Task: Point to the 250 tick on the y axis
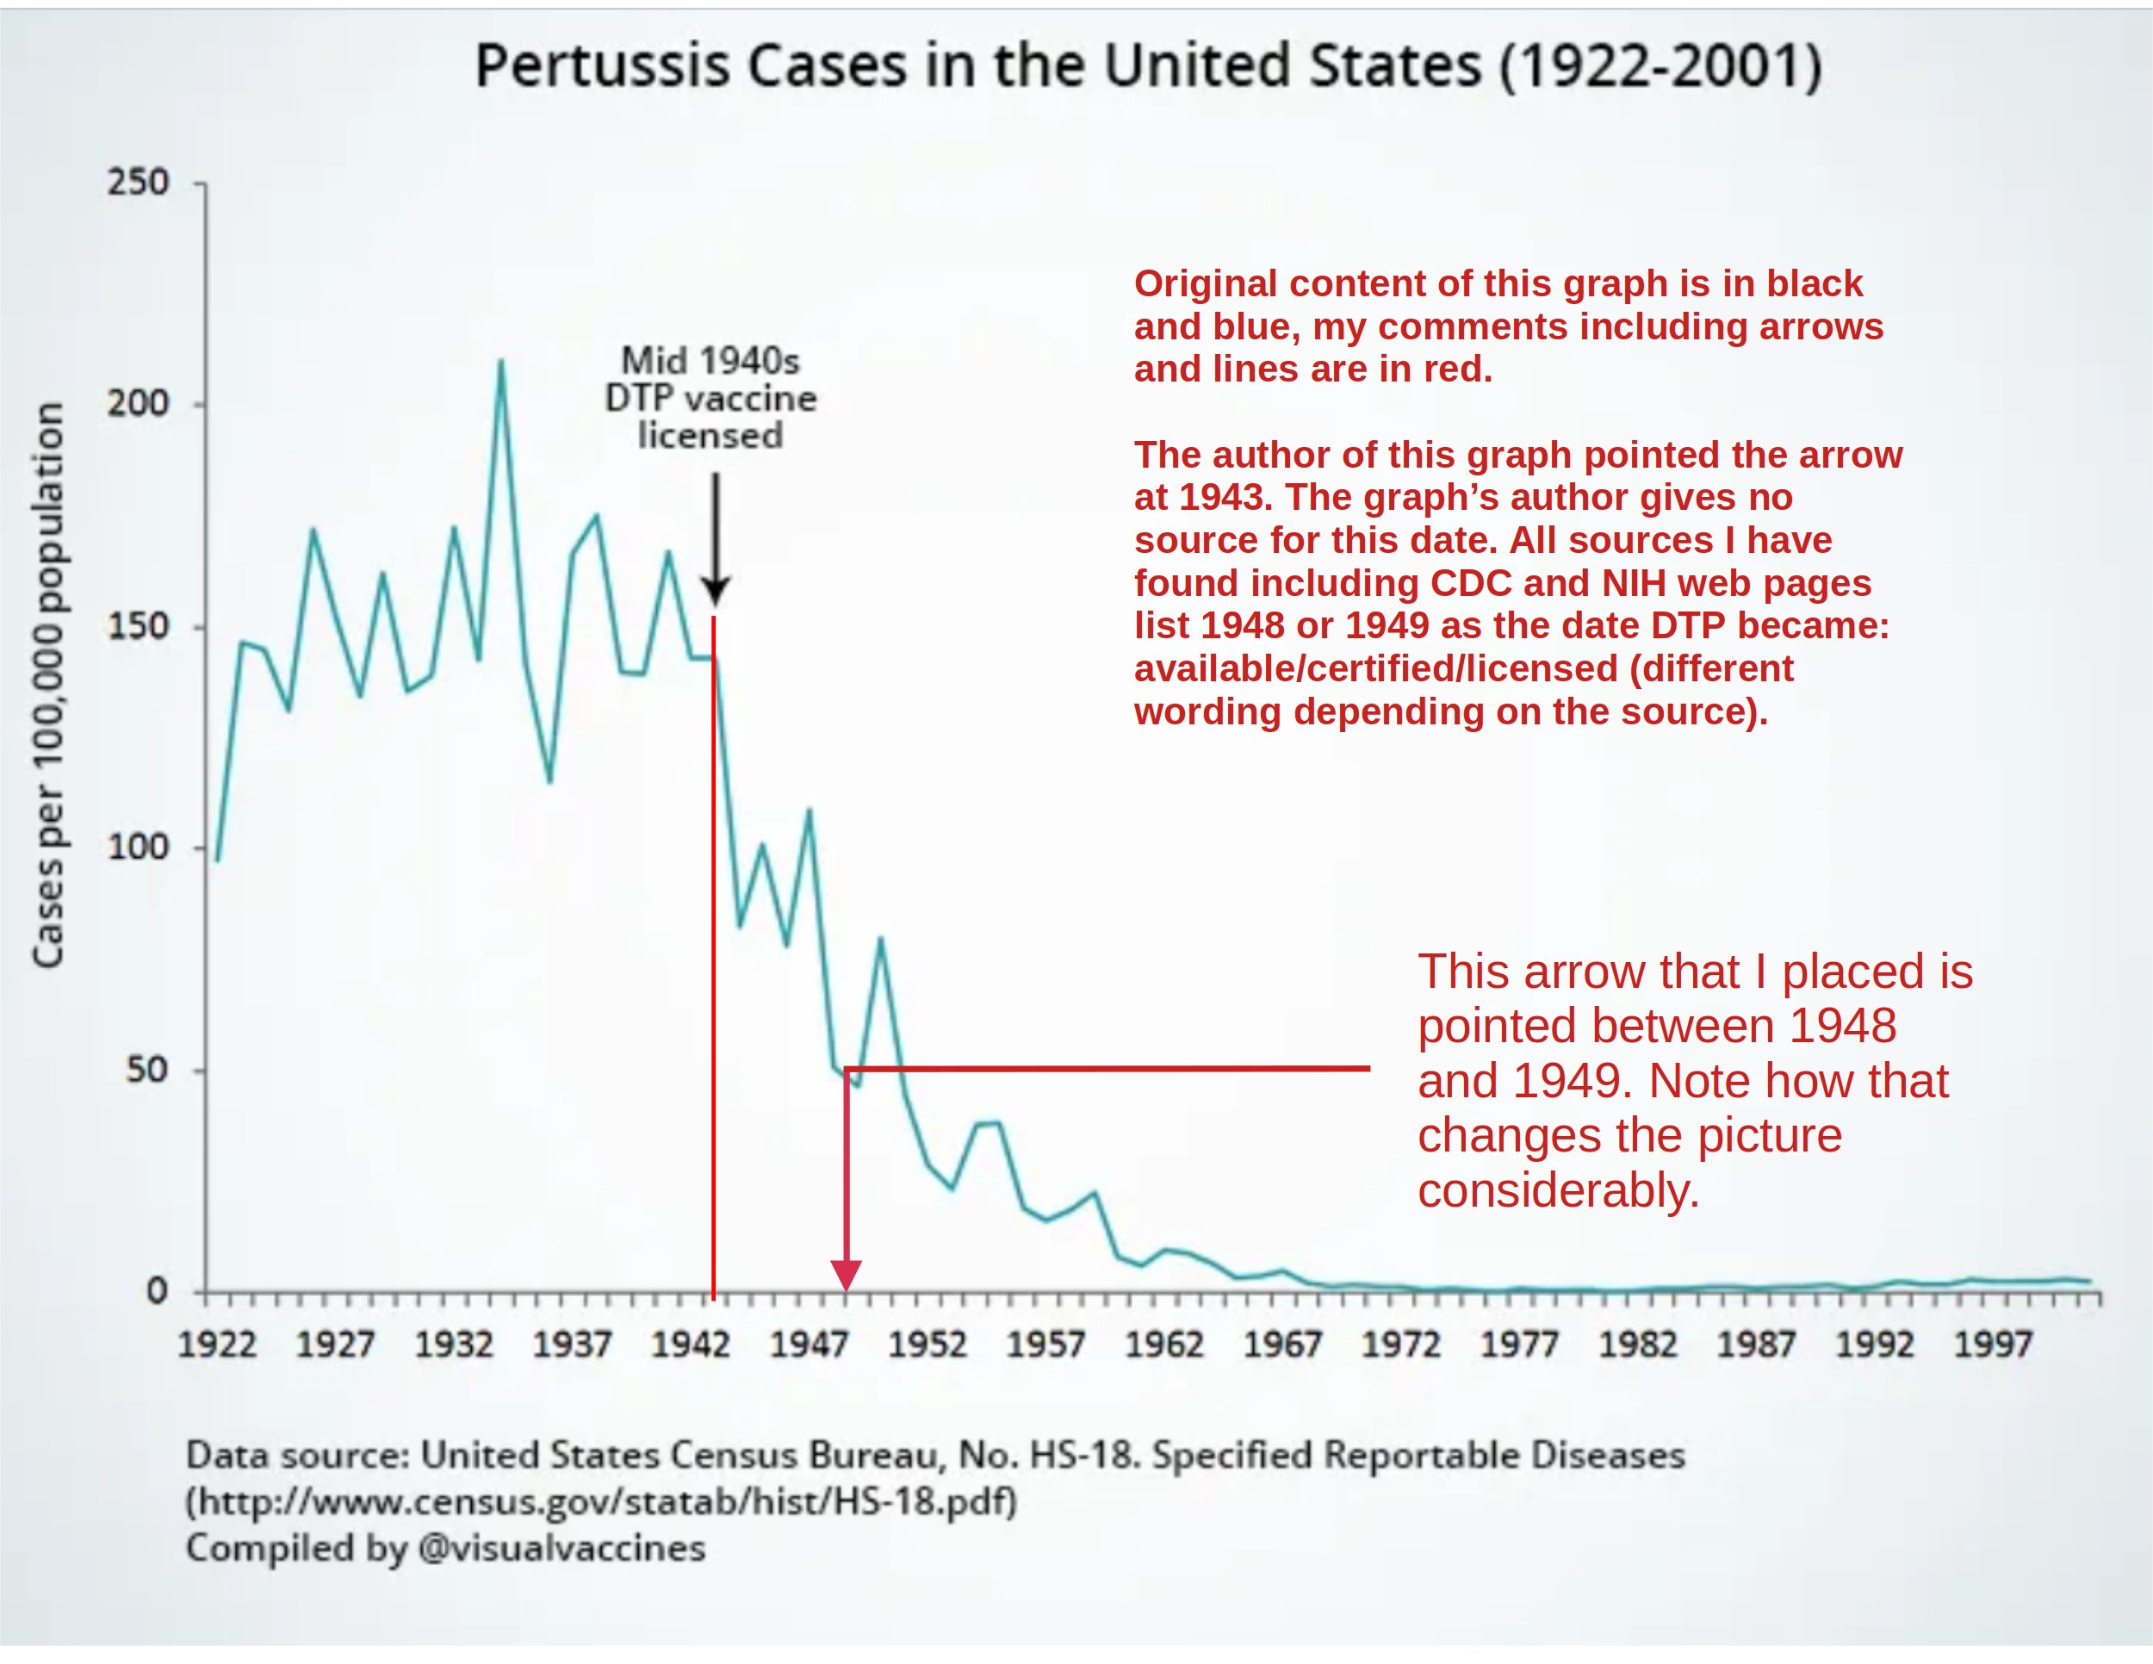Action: (138, 183)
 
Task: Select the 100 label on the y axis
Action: (138, 847)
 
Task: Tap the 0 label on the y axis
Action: (157, 1290)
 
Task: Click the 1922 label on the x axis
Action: (217, 1344)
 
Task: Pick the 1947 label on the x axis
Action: (809, 1344)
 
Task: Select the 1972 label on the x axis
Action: (1401, 1344)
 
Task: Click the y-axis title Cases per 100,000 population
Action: (47, 684)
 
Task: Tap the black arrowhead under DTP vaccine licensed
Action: (716, 592)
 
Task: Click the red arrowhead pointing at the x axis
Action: (846, 1275)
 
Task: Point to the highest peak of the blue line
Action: (501, 362)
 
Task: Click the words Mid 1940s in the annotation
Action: (710, 361)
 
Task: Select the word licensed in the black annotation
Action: (710, 436)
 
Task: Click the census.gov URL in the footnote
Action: (601, 1501)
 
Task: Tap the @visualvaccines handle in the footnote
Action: (562, 1548)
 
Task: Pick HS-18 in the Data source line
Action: (1084, 1455)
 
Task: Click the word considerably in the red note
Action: (1559, 1191)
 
